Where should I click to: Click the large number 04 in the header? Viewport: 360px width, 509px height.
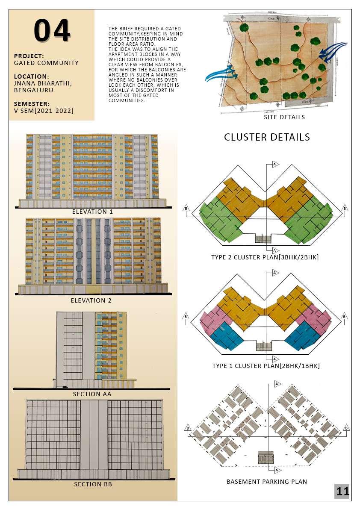[x=52, y=31]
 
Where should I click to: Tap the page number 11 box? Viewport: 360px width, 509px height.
[x=342, y=491]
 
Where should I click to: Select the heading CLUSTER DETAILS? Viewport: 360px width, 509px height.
[x=267, y=137]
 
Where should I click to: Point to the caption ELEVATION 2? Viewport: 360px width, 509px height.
[x=91, y=300]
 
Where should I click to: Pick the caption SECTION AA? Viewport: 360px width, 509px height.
[x=92, y=394]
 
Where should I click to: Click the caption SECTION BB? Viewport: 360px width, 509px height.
[x=93, y=484]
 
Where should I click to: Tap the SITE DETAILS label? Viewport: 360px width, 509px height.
[x=284, y=117]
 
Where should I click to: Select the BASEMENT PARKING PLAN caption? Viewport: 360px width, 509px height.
[x=267, y=482]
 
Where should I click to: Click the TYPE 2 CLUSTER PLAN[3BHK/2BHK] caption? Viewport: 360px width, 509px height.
[x=265, y=257]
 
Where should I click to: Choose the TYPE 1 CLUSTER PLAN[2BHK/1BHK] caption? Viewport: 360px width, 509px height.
[x=266, y=366]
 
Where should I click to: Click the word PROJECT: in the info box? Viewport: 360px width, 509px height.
[x=29, y=56]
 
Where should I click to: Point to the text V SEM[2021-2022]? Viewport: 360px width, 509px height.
[x=44, y=111]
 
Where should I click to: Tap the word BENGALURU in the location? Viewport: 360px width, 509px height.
[x=34, y=90]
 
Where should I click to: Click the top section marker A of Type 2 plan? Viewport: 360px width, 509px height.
[x=275, y=164]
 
